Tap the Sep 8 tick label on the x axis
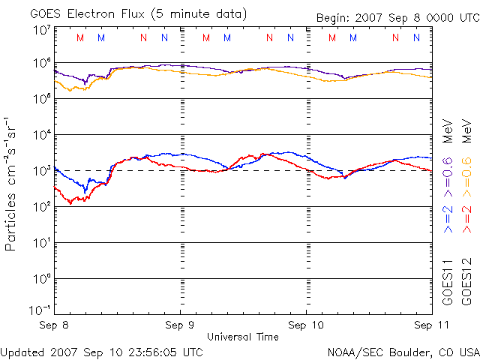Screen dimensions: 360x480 click(55, 325)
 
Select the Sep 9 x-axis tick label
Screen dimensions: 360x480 click(180, 325)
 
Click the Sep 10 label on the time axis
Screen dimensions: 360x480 click(307, 325)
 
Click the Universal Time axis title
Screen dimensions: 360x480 click(242, 337)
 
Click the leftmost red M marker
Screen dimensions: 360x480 click(81, 37)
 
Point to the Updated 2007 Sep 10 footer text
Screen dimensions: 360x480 click(102, 352)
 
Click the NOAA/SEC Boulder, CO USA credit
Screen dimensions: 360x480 click(403, 352)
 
